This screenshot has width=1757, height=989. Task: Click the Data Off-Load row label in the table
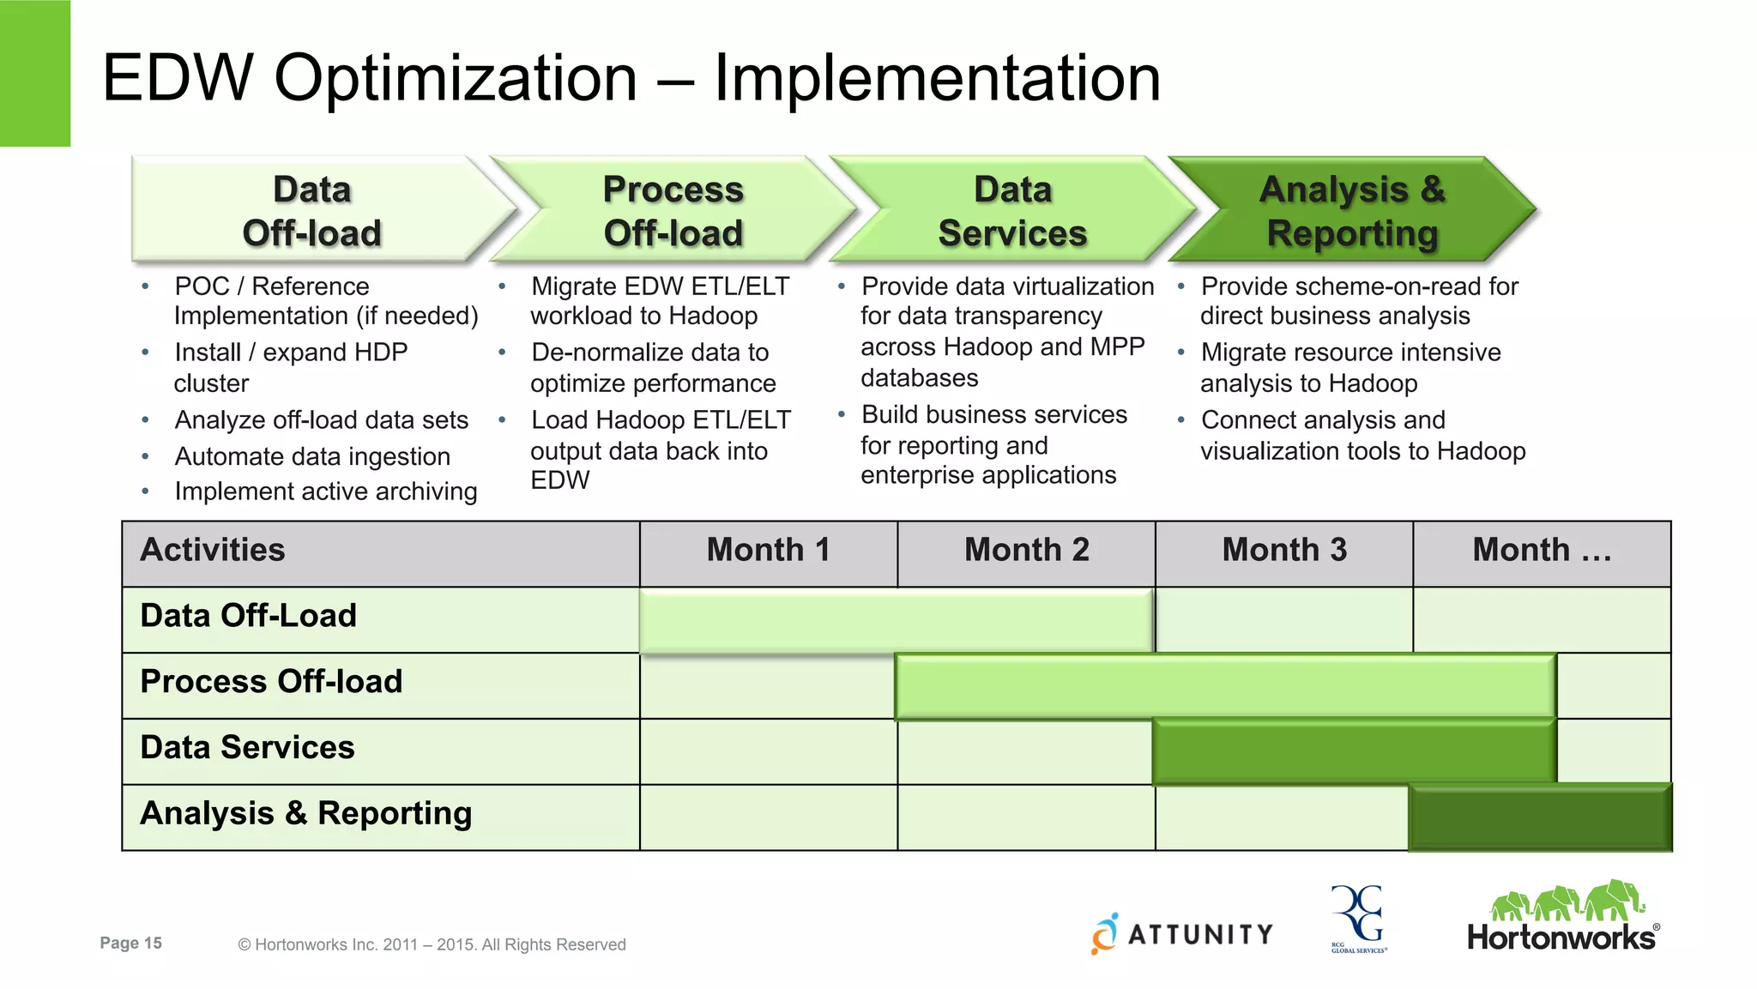[248, 617]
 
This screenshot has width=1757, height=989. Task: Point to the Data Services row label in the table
[247, 748]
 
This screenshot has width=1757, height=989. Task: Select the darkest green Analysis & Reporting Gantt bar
[1540, 817]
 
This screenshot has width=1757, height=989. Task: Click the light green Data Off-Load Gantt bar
[896, 620]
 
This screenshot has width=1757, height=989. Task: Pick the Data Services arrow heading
[1011, 211]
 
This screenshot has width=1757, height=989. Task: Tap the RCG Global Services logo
[1358, 919]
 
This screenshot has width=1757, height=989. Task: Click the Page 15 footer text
[130, 944]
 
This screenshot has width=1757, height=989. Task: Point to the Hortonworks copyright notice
[432, 945]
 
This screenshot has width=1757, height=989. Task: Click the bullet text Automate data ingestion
[312, 457]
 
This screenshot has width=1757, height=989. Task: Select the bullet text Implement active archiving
[325, 492]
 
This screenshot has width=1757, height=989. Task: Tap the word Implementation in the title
[937, 79]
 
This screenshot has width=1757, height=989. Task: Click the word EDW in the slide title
[177, 79]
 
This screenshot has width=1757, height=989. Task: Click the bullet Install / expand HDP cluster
[290, 367]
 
